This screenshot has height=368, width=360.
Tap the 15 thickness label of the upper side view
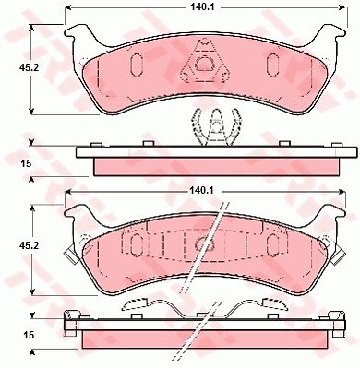(x=27, y=163)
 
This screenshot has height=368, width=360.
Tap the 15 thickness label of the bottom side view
(x=30, y=335)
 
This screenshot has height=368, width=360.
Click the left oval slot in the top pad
(x=137, y=65)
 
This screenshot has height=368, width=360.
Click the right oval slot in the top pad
(x=272, y=65)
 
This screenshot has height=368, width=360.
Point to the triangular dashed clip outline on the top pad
(x=204, y=62)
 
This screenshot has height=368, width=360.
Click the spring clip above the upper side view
(x=216, y=127)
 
